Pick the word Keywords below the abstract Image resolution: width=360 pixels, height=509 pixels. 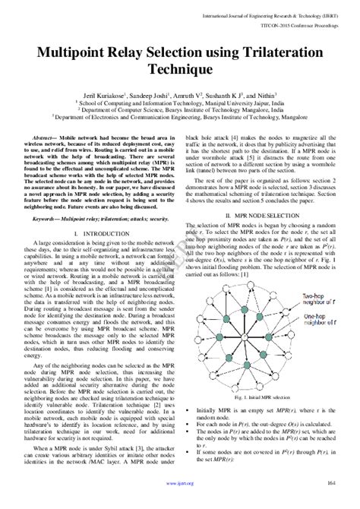52,197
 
